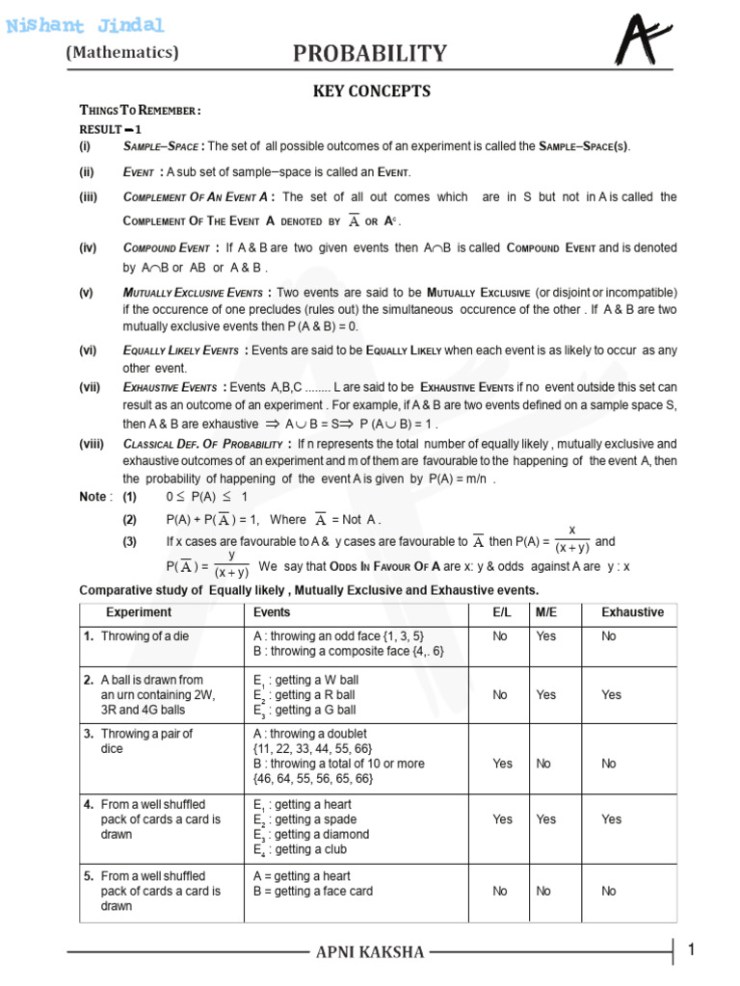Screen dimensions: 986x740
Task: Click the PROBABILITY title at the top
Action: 370,54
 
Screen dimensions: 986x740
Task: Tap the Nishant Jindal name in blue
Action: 86,25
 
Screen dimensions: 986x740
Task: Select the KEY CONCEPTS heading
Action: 370,91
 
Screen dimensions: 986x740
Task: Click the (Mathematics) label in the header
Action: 122,53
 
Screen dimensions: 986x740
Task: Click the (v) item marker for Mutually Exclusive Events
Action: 88,292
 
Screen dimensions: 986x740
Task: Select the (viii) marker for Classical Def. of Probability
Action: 92,444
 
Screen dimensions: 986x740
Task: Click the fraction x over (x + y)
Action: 572,540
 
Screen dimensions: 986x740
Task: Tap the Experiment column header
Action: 139,612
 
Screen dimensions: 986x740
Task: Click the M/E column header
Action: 545,612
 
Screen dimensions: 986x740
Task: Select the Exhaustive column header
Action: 632,612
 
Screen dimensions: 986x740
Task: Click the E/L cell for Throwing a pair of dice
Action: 503,764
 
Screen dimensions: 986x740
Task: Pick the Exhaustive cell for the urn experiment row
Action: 611,694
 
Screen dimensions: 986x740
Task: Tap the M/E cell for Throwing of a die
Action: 545,636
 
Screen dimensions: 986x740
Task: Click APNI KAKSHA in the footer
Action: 370,952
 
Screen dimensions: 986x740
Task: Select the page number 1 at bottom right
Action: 691,951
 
